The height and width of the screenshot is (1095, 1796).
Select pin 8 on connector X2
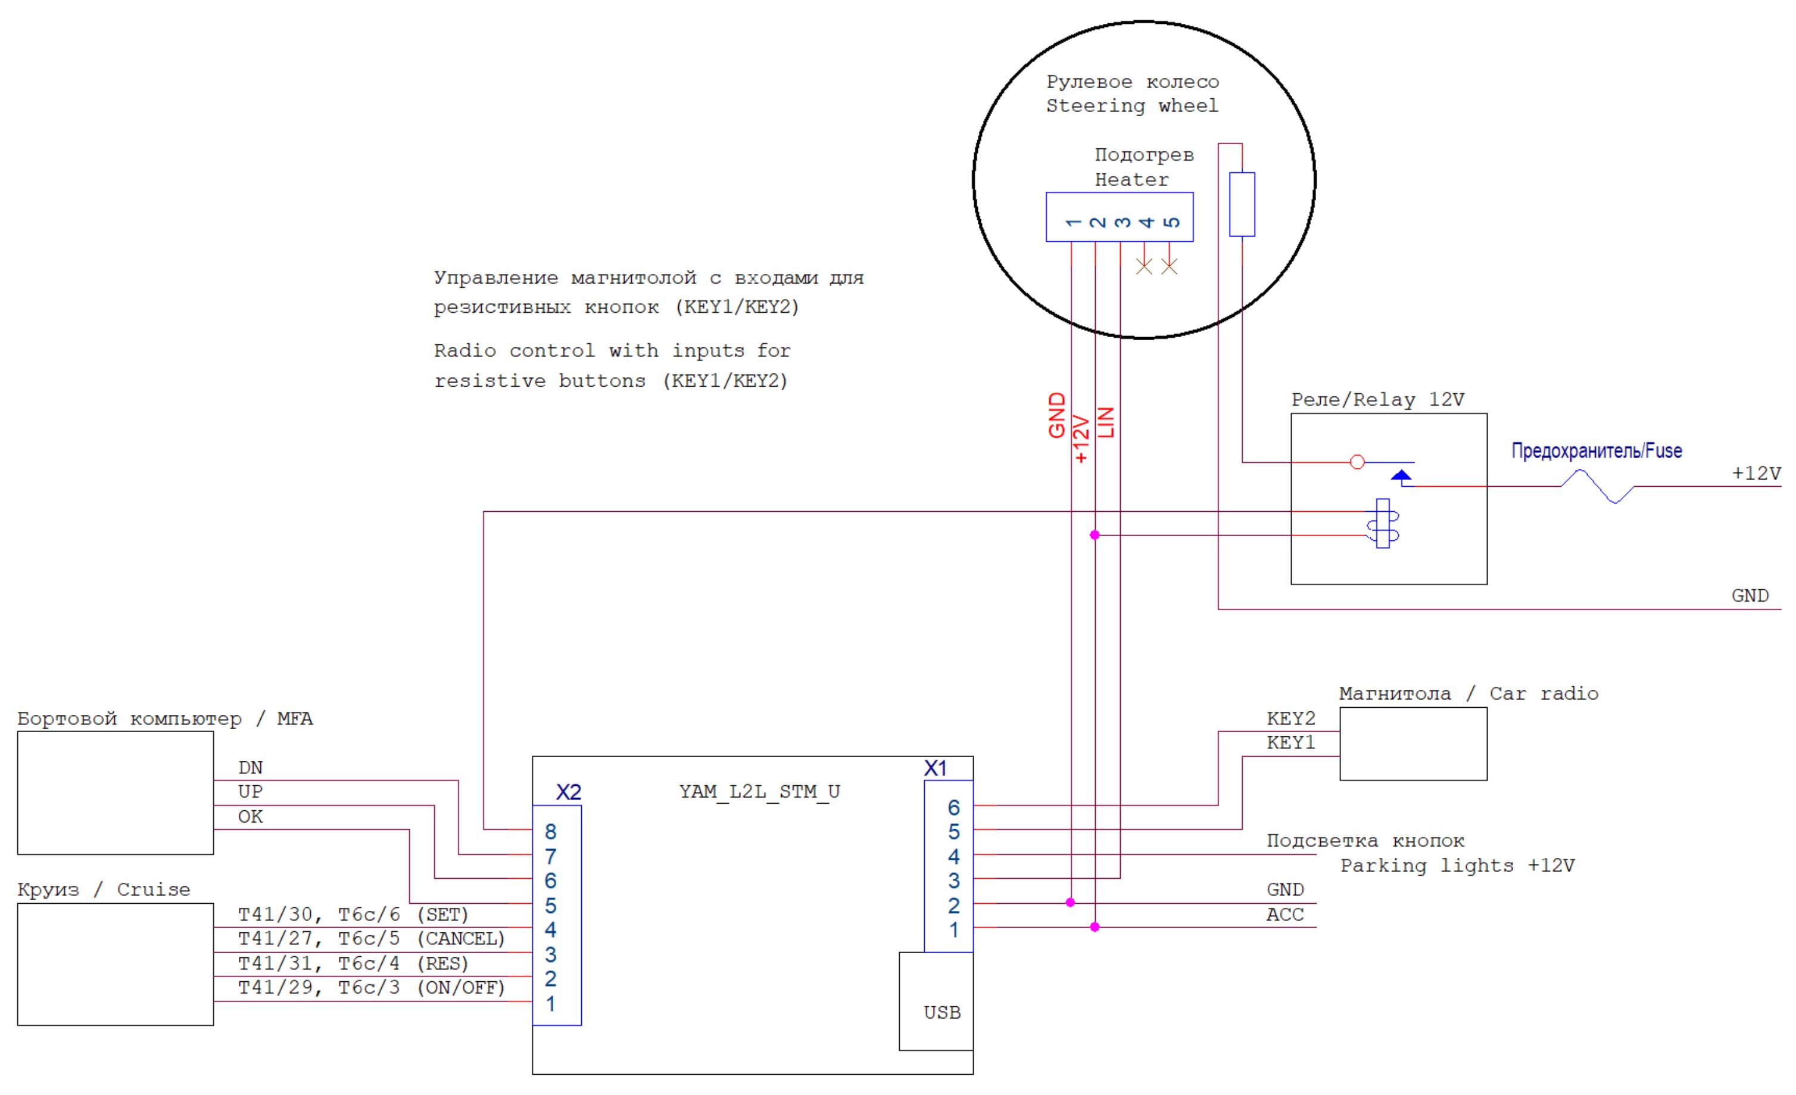550,831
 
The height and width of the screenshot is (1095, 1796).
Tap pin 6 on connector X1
953,807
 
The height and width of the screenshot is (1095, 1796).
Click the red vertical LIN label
1106,422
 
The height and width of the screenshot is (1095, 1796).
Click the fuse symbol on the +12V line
1597,486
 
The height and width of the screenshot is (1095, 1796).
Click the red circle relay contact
1357,462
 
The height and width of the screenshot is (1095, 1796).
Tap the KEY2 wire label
1290,719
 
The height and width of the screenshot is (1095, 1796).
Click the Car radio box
1413,744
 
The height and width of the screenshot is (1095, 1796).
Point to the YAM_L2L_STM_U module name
759,792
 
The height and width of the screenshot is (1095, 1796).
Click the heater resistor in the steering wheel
1242,204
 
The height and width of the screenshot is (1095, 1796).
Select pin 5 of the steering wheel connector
1171,222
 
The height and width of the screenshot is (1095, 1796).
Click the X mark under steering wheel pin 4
1145,266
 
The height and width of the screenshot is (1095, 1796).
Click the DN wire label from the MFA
250,768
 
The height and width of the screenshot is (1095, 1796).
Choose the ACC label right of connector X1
1284,915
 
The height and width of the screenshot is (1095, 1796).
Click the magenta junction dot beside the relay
1095,535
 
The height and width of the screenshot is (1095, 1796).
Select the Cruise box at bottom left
115,964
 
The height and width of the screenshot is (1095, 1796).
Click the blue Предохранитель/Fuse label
1597,451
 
